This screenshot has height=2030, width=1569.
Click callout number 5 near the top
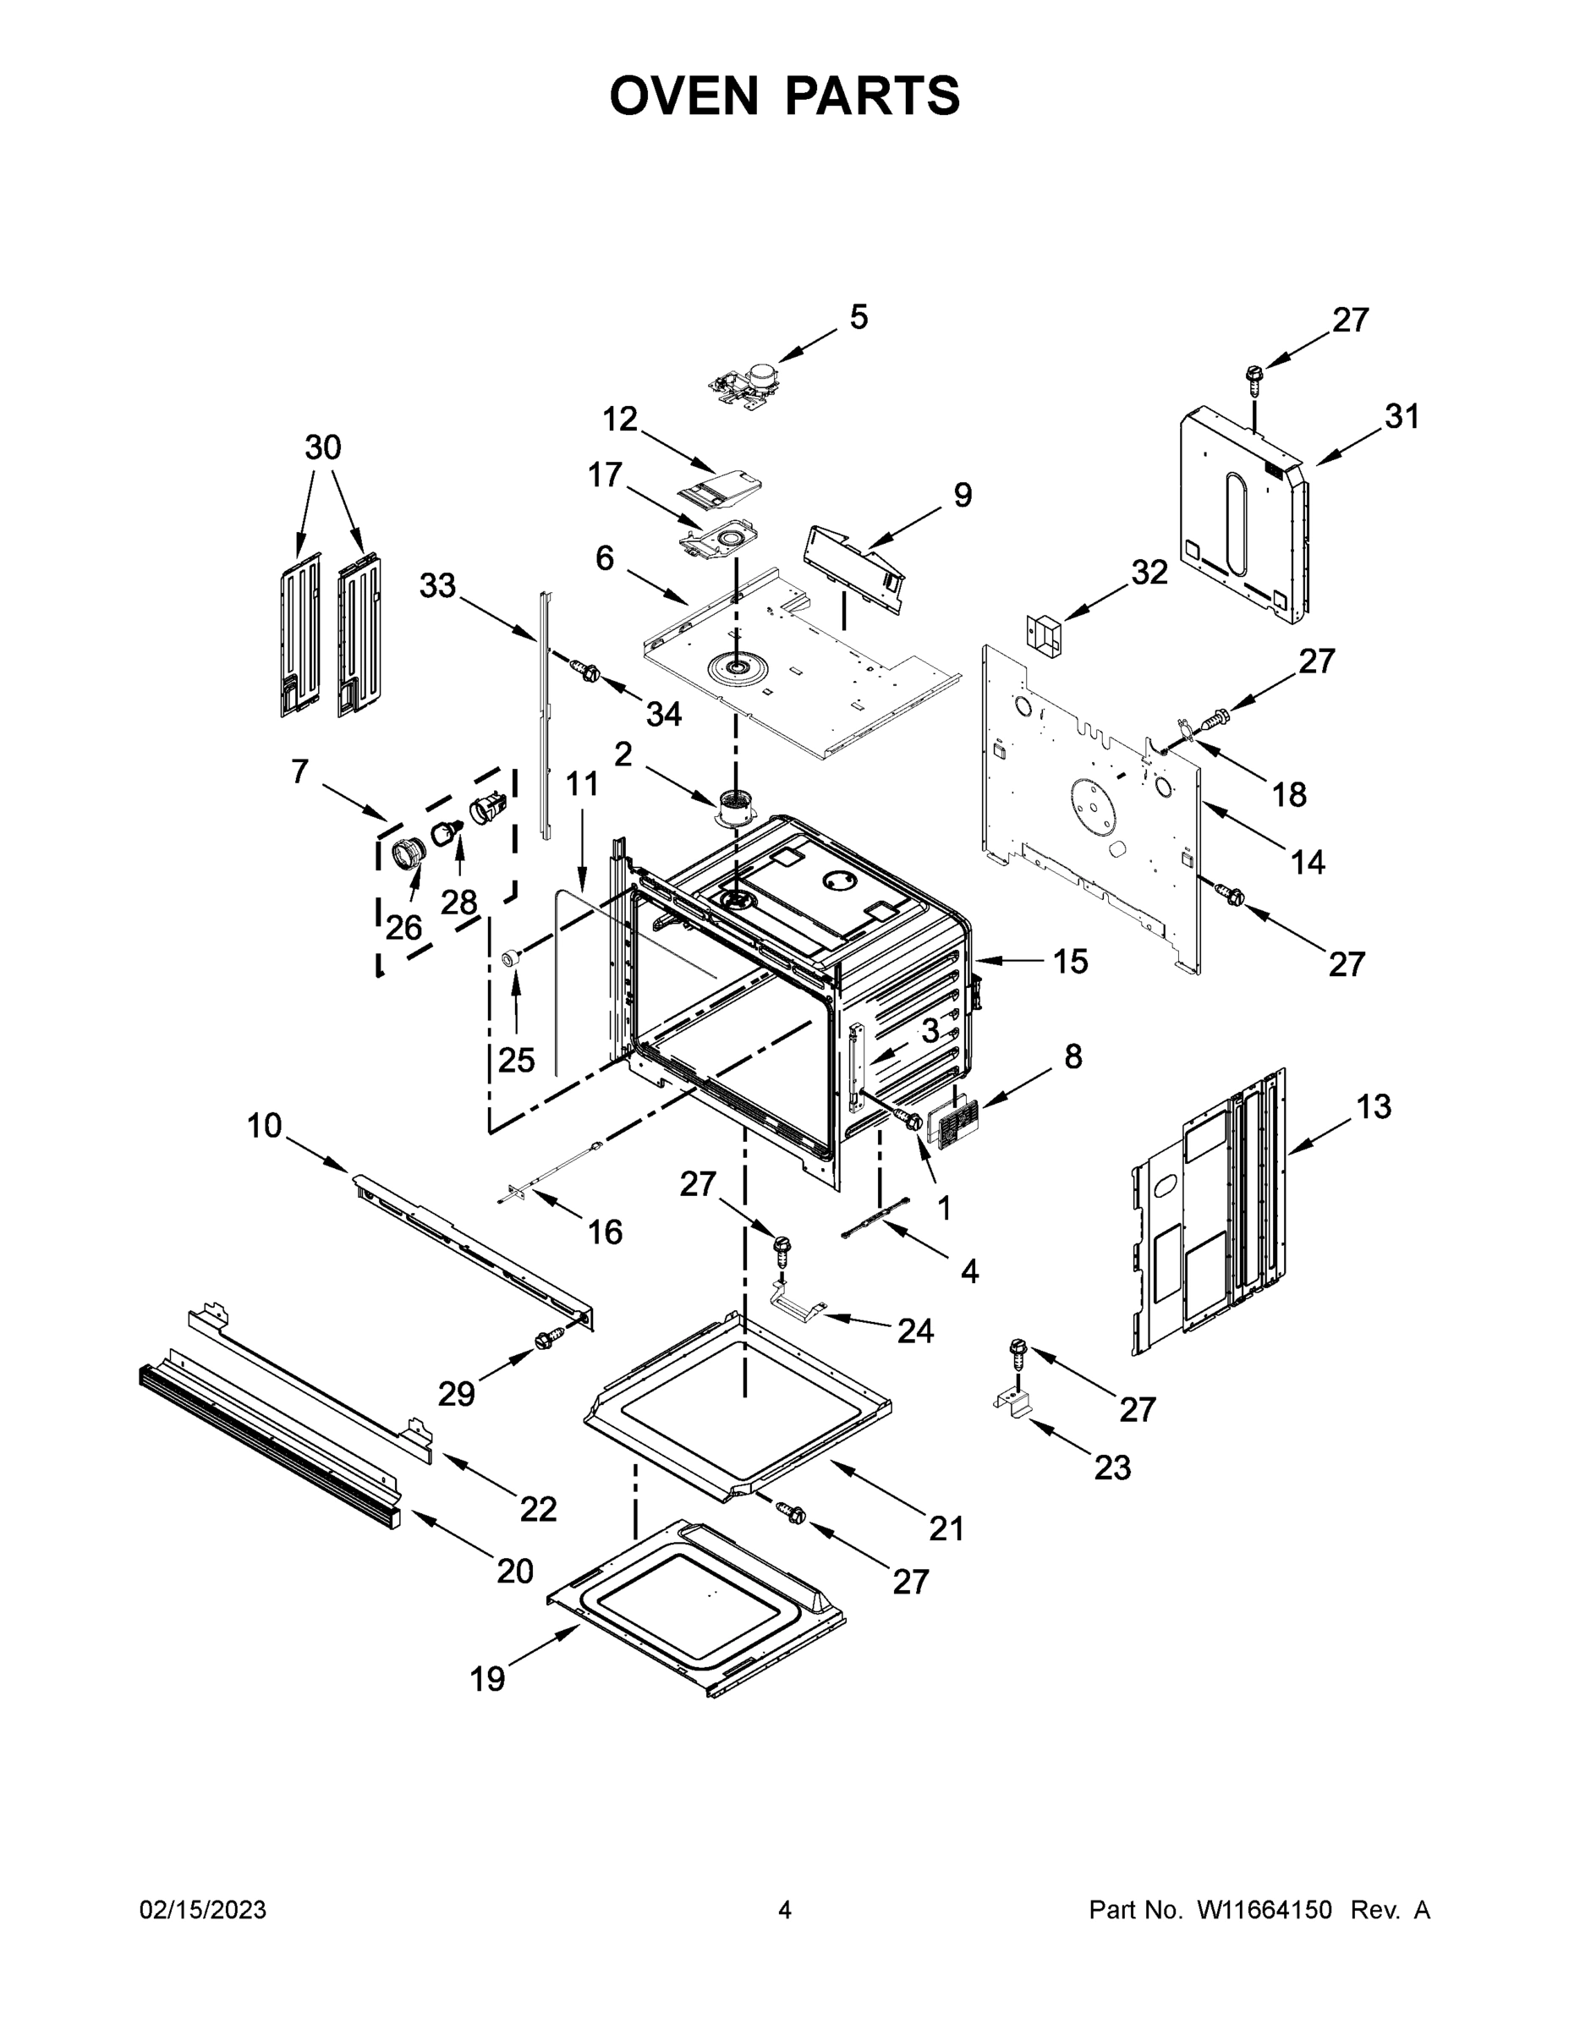click(x=858, y=317)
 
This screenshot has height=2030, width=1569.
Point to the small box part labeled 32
click(x=1044, y=633)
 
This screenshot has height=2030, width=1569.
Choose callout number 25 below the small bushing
click(x=517, y=1059)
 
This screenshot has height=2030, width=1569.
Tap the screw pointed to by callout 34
click(x=584, y=669)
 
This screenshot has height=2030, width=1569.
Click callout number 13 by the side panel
click(x=1373, y=1106)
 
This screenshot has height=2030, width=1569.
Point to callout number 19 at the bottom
click(x=487, y=1679)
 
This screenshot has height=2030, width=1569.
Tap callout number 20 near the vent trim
click(x=515, y=1570)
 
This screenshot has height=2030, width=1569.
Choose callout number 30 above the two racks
click(x=322, y=447)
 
